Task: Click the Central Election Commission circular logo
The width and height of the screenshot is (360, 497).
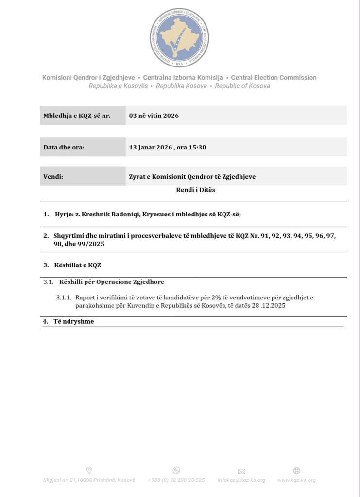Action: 179,37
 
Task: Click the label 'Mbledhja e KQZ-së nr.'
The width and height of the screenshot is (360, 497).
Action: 77,116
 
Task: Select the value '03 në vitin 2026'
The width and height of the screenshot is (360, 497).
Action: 154,116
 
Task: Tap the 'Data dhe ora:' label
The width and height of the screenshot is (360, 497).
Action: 64,147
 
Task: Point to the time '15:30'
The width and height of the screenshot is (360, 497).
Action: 198,147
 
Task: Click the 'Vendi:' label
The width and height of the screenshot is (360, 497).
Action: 53,177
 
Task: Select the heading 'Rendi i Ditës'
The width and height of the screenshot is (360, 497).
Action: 195,190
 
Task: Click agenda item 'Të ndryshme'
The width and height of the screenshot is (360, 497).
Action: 74,321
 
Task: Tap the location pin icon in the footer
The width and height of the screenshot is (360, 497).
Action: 89,470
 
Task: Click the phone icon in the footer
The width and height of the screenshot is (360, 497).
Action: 176,470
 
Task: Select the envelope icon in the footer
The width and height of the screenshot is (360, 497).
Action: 241,471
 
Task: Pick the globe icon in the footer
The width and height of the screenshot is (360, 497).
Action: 297,470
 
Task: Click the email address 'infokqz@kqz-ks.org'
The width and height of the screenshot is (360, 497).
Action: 241,480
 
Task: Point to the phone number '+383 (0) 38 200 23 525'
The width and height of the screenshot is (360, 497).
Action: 176,480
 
